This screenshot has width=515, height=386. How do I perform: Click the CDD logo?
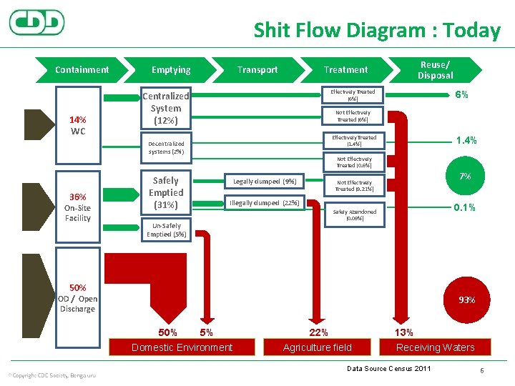point(36,22)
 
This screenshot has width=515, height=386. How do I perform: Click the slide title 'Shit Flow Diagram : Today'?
point(377,30)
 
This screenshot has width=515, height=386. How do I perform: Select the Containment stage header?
point(82,69)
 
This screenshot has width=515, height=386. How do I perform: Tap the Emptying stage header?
point(171,69)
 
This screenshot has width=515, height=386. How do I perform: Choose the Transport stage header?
point(257,69)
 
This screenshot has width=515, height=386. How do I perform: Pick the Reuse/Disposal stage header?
point(435,69)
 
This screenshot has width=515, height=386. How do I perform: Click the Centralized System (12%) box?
point(165,108)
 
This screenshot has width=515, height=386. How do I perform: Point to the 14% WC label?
point(78,126)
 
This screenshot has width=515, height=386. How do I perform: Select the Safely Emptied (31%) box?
point(165,192)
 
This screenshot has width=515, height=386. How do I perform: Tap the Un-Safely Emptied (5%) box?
point(165,229)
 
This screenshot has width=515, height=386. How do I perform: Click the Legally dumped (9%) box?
point(264,181)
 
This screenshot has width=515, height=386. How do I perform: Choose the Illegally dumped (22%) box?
point(265,203)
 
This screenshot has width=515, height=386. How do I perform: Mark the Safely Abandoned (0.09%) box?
point(353,215)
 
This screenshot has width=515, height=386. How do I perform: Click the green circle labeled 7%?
point(464,176)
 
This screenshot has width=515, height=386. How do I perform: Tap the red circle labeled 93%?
point(466,300)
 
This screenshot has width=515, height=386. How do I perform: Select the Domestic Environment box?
point(182,347)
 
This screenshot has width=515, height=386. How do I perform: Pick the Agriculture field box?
point(318,347)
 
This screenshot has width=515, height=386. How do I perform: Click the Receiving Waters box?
point(436,347)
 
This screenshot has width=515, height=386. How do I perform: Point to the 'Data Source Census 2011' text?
point(388,368)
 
